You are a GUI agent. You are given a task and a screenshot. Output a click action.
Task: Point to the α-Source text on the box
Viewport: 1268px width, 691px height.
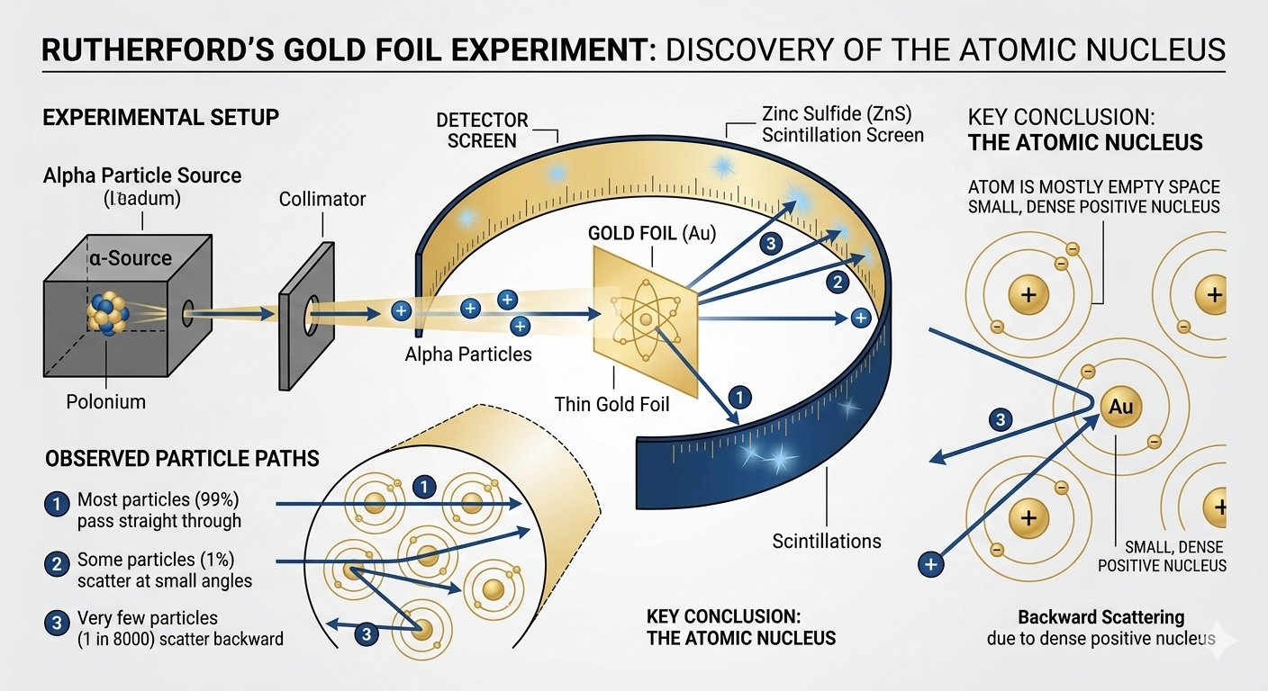130,258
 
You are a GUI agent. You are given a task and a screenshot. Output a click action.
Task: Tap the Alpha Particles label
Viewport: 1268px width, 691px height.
468,354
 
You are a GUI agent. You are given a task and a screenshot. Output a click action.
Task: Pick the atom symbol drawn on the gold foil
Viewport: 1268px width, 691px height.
645,320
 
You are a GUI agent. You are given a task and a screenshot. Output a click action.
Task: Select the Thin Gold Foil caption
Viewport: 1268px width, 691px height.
612,404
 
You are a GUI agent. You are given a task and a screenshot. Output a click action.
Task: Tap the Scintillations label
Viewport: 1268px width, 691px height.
827,541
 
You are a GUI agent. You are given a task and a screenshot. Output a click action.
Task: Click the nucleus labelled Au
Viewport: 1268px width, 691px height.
1120,407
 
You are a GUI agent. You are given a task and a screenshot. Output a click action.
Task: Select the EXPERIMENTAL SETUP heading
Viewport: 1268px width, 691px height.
160,117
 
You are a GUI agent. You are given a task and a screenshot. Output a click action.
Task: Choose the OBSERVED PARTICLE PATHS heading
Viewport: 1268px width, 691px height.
182,459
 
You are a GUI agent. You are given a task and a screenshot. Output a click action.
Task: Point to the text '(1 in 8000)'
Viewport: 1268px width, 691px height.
123,640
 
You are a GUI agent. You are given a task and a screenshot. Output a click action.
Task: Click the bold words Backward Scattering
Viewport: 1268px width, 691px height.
1100,617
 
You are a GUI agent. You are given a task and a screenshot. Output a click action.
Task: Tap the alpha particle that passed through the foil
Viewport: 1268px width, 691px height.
860,317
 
